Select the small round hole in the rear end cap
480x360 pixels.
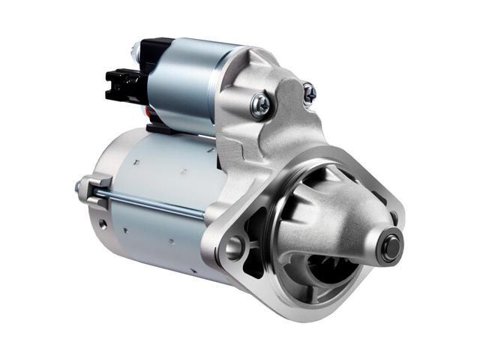100,224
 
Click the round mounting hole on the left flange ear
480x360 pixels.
235,246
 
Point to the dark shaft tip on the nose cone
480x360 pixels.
390,247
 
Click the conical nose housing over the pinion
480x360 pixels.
337,217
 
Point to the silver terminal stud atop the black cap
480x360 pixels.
136,50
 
